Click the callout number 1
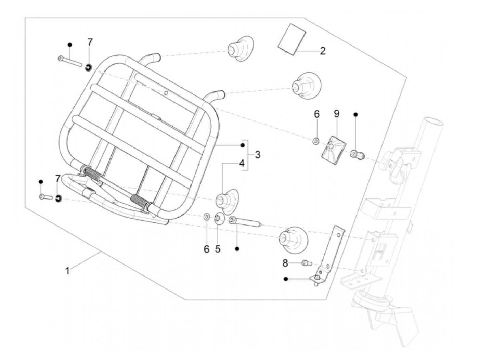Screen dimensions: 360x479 pyautogui.click(x=68, y=271)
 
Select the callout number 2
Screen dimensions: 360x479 pyautogui.click(x=323, y=51)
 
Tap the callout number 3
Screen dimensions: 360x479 pyautogui.click(x=258, y=155)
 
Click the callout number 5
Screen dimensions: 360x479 pyautogui.click(x=218, y=249)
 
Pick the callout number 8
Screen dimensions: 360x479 pyautogui.click(x=285, y=263)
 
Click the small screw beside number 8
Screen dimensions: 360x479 pyautogui.click(x=306, y=263)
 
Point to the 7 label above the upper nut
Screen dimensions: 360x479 pyautogui.click(x=90, y=42)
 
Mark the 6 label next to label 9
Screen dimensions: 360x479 pyautogui.click(x=316, y=114)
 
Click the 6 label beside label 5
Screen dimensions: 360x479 pyautogui.click(x=206, y=249)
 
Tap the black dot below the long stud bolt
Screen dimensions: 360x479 pyautogui.click(x=237, y=249)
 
